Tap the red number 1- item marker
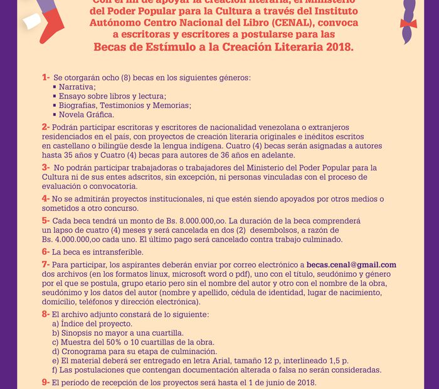click(46, 77)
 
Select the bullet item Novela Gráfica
click(87, 115)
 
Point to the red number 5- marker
click(46, 221)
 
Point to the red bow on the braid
click(408, 24)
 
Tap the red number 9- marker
click(46, 381)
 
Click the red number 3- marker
click(46, 168)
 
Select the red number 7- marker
click(46, 265)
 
